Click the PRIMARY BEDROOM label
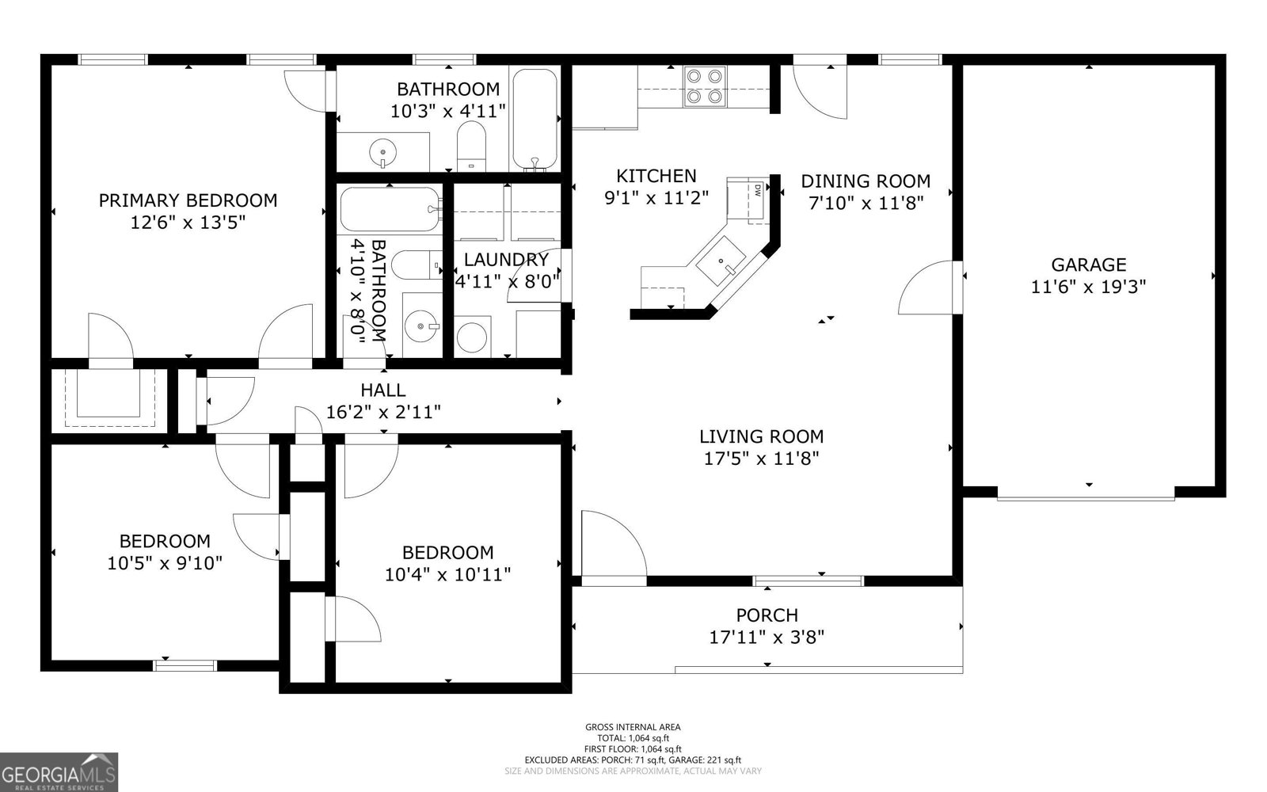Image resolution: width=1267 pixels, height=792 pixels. [x=188, y=200]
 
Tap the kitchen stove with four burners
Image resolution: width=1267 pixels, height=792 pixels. [x=705, y=86]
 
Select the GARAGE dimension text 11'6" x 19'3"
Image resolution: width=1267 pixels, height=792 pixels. [x=1088, y=287]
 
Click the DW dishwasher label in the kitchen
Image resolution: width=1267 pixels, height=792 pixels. [x=758, y=191]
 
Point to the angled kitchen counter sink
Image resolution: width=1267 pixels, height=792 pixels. [x=721, y=261]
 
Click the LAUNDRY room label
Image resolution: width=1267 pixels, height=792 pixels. [x=506, y=260]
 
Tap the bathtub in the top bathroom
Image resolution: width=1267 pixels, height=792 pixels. [x=535, y=119]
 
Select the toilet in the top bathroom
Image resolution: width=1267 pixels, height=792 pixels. [x=471, y=146]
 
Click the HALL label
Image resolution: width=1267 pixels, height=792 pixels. [x=383, y=390]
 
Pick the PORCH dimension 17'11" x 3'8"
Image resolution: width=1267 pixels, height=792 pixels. [x=767, y=638]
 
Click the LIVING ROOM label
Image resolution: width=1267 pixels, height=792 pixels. [x=761, y=436]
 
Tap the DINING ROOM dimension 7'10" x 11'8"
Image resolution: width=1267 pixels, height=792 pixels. [x=866, y=203]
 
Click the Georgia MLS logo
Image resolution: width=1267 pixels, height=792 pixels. [x=59, y=772]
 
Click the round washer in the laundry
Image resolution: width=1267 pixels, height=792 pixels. [x=472, y=337]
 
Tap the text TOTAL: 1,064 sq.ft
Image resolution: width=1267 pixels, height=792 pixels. [x=633, y=737]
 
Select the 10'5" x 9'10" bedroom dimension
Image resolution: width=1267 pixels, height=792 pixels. [x=165, y=563]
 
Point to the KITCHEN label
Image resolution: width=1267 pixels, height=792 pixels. [x=656, y=176]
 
